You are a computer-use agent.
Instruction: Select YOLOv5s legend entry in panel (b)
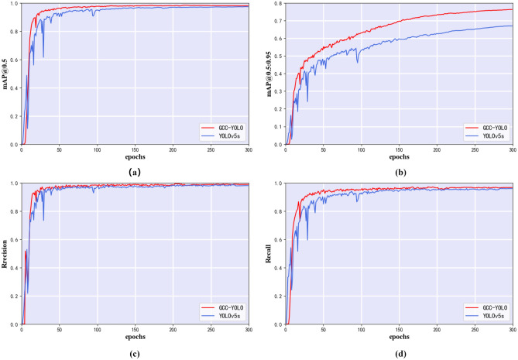pos(490,135)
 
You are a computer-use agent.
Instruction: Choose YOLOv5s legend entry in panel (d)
pos(490,316)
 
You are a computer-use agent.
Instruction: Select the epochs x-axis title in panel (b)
pos(399,156)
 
